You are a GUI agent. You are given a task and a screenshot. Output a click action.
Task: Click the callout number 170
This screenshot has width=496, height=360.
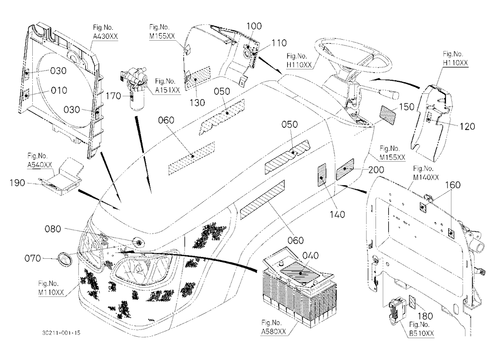[x=113, y=96]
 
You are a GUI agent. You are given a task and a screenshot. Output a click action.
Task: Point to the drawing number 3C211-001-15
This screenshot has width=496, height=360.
[x=61, y=333]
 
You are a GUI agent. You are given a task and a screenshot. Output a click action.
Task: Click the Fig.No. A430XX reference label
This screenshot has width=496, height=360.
[x=105, y=32]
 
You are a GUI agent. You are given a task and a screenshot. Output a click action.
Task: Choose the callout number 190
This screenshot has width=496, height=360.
[x=17, y=183]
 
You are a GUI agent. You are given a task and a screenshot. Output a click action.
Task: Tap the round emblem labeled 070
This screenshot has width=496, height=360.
[x=64, y=258]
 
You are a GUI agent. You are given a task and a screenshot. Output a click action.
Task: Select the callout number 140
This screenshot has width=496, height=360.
[x=337, y=215]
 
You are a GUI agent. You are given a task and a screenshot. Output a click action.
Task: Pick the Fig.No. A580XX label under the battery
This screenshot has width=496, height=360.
[x=274, y=327]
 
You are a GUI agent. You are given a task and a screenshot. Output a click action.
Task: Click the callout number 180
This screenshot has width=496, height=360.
[x=425, y=316]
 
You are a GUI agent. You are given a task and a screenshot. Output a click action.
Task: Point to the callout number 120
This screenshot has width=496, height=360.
[x=467, y=126]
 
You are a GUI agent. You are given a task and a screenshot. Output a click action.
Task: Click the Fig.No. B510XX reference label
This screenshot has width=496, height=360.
[x=421, y=329]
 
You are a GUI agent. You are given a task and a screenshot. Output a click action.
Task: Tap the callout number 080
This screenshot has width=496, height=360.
[x=53, y=229]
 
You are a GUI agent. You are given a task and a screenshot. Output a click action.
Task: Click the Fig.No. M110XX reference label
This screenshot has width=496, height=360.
[x=51, y=288]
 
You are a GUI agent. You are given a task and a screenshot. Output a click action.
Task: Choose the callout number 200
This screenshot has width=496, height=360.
[x=376, y=170]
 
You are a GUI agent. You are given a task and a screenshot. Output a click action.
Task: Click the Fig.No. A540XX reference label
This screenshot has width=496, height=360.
[x=40, y=160]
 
